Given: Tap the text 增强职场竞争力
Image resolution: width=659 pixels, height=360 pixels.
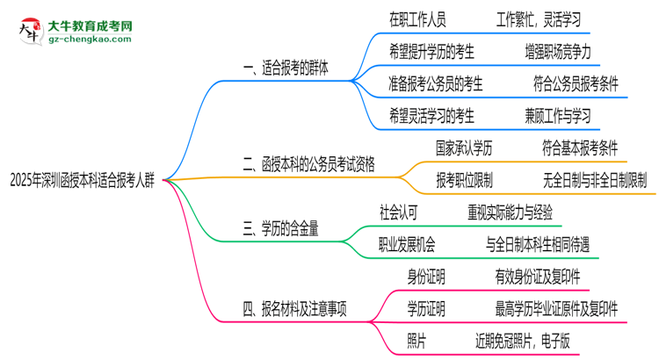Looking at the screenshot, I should [557, 51].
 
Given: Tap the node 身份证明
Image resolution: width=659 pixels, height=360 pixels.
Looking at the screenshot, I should [425, 277].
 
